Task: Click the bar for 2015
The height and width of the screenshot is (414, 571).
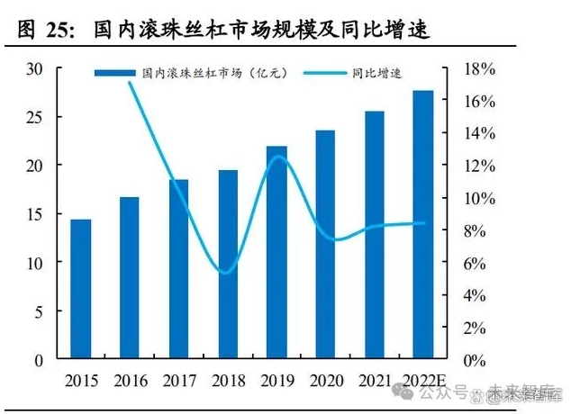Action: (x=81, y=289)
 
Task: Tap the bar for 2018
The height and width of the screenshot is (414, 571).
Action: (x=228, y=265)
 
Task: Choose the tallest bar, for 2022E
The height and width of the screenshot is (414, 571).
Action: (x=422, y=225)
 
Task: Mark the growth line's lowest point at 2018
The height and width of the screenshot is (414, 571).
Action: (x=226, y=271)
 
